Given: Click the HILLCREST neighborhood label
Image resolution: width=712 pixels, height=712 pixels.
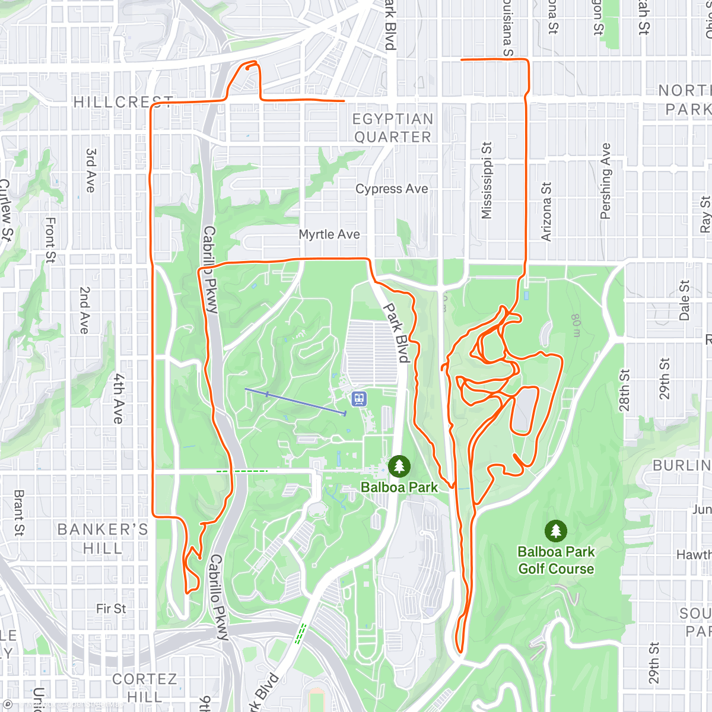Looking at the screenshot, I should (123, 102).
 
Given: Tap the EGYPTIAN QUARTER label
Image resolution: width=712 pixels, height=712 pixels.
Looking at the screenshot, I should (393, 128).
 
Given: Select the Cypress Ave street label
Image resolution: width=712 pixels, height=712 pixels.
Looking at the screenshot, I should (392, 189).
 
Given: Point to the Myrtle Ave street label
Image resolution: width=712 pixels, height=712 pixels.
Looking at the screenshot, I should (329, 234).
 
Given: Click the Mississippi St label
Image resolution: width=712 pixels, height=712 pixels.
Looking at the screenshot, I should (487, 180).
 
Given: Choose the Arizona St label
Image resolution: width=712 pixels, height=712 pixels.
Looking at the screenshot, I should (546, 211).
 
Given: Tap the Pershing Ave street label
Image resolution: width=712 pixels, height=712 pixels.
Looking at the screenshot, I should (605, 181).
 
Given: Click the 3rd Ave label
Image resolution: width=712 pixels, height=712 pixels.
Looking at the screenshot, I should (90, 170).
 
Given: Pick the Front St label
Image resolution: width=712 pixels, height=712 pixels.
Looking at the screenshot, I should (50, 240).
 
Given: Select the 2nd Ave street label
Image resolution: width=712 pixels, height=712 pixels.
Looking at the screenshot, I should (84, 310).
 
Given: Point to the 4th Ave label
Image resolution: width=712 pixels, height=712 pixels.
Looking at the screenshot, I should (119, 398).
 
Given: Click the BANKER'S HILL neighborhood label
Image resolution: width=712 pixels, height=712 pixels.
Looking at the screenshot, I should (103, 538).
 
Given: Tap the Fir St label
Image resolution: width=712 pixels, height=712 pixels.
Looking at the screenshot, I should (111, 609).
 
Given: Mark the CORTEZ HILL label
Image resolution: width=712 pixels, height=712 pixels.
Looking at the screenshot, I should (144, 687).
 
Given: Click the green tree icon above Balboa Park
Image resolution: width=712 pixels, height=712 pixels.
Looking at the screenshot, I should (399, 466).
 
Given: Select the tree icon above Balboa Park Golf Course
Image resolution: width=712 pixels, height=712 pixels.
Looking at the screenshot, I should (555, 531).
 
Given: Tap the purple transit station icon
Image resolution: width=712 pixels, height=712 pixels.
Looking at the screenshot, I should (358, 399).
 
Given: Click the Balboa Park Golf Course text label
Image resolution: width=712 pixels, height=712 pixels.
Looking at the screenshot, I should (556, 560).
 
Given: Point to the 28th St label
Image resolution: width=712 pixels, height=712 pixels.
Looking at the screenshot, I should (624, 390).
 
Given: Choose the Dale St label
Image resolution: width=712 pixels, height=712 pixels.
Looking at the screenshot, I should (684, 300).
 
